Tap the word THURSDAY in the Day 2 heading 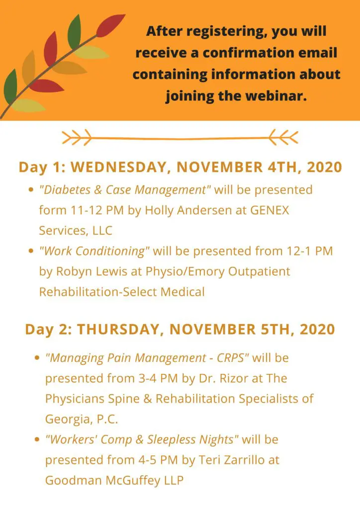coord(118,330)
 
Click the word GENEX coord(270,210)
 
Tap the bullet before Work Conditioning coord(31,251)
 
